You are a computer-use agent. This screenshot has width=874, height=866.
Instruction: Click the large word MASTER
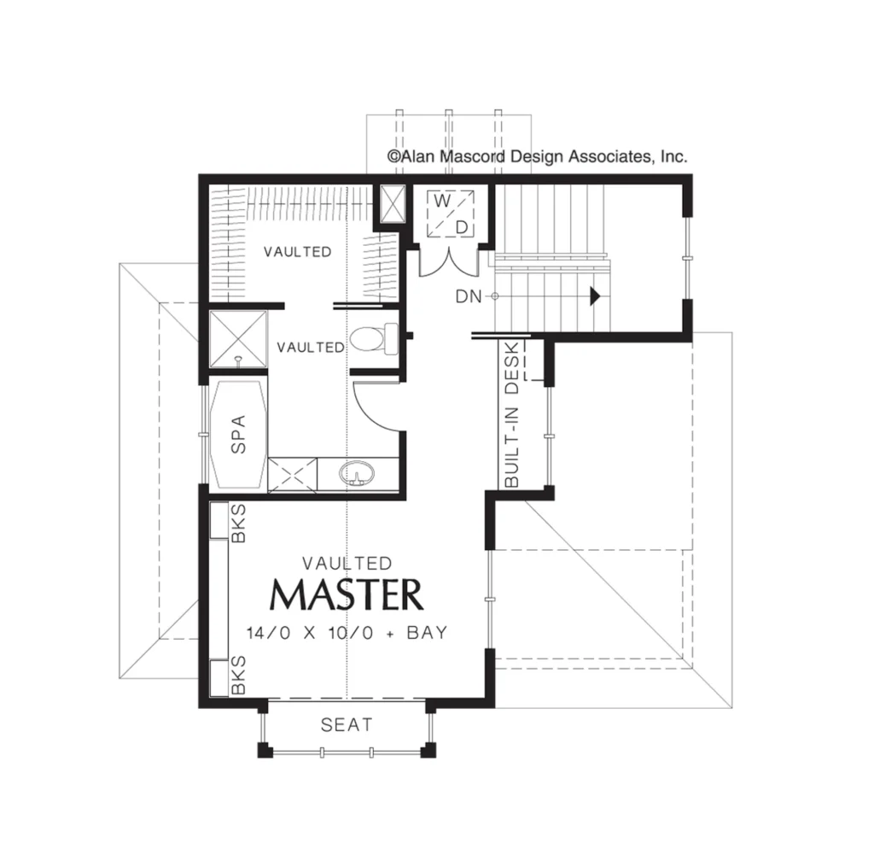[x=347, y=595]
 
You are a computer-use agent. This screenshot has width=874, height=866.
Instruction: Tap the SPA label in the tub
[x=238, y=435]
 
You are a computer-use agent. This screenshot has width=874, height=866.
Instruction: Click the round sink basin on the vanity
[x=357, y=473]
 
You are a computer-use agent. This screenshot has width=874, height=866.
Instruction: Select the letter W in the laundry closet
[x=442, y=202]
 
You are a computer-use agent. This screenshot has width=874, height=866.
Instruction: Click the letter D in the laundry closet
[x=462, y=227]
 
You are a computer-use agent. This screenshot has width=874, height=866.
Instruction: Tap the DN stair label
[x=469, y=296]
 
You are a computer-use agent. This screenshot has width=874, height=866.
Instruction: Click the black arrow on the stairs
[x=595, y=296]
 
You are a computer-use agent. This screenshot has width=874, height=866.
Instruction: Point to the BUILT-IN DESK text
[x=511, y=414]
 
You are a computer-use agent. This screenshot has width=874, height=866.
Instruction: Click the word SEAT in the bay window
[x=347, y=725]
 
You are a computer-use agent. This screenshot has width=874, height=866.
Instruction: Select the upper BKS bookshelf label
[x=238, y=523]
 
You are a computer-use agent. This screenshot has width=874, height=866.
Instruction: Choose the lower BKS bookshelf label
[x=238, y=675]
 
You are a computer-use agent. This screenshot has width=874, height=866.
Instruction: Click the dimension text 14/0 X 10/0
[x=309, y=633]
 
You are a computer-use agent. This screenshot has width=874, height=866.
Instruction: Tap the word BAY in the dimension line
[x=427, y=633]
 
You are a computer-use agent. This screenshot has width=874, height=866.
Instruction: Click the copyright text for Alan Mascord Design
[x=538, y=156]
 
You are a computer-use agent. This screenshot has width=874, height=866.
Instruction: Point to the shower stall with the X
[x=238, y=340]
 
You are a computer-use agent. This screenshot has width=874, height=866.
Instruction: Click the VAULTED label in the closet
[x=298, y=252]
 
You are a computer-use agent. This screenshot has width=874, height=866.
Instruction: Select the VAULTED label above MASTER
[x=347, y=563]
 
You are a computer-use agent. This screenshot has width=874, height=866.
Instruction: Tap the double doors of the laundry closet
[x=448, y=262]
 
